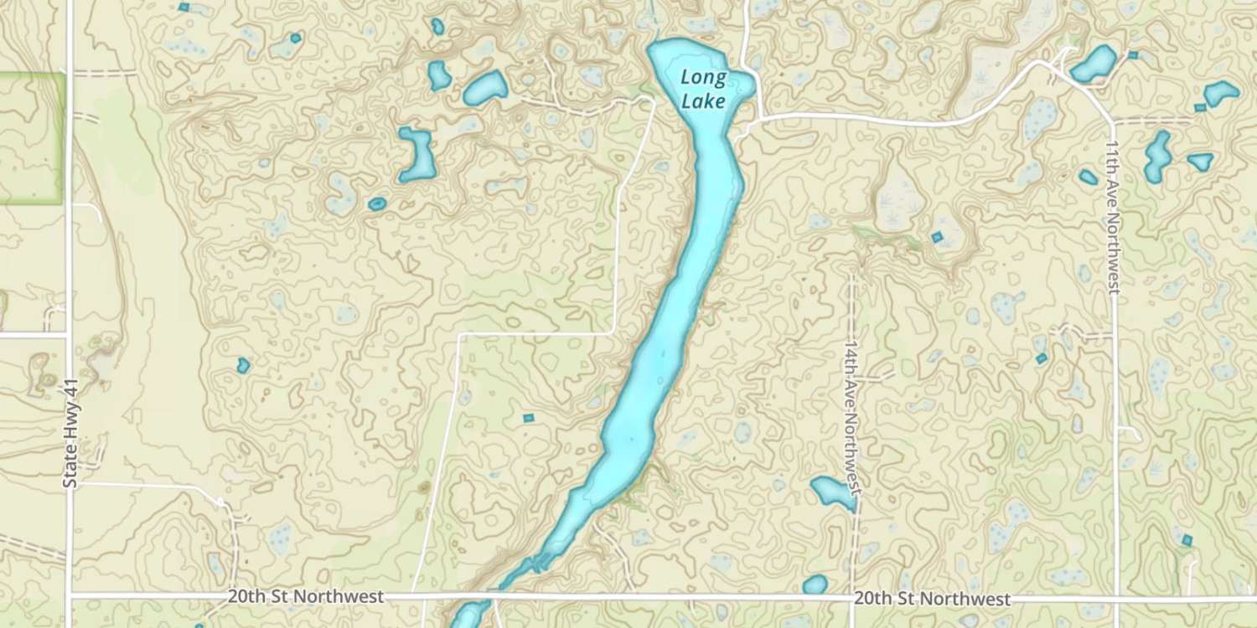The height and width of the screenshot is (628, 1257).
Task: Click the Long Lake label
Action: coord(703,90)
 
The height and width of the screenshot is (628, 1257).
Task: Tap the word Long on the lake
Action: coord(703,79)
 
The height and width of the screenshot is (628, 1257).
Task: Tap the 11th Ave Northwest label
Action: coord(1113,217)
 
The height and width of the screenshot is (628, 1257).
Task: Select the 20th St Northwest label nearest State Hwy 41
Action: coord(305,597)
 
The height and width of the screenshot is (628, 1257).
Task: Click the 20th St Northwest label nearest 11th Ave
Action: coord(932,600)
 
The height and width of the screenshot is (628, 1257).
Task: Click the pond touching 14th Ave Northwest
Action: coord(831,492)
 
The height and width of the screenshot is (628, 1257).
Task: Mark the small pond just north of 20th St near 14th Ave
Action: coord(815,584)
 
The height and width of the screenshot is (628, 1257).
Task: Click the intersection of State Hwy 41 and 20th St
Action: coord(70,595)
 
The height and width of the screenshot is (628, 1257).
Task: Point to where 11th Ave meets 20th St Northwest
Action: coord(1117,600)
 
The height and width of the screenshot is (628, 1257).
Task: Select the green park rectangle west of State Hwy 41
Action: coord(31,138)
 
